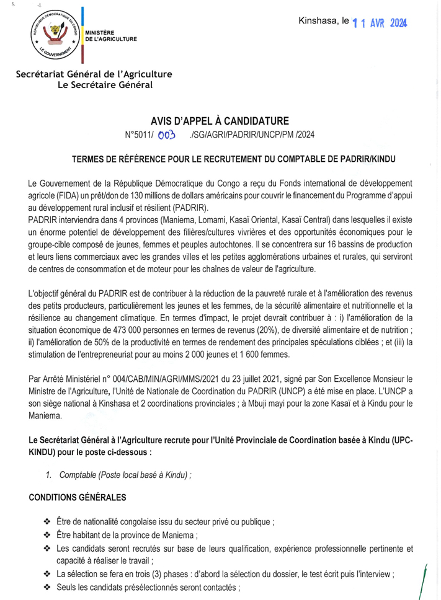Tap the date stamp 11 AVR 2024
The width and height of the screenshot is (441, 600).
click(380, 23)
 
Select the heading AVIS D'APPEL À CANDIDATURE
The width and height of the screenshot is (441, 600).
click(220, 120)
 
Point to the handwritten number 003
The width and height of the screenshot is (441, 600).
click(167, 134)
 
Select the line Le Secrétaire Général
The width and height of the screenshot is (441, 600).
click(104, 85)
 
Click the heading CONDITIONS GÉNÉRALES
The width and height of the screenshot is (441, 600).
click(78, 498)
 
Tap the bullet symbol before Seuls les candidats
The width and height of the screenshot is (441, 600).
click(47, 586)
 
